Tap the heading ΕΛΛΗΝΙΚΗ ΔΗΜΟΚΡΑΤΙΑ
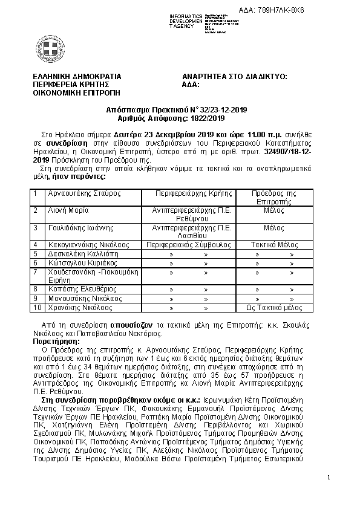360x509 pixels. point(77,77)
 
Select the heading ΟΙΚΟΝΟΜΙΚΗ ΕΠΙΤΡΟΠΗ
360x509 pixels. point(77,94)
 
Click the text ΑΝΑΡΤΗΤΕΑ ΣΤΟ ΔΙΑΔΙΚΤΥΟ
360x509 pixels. point(234,77)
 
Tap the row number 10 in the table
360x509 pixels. point(38,308)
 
